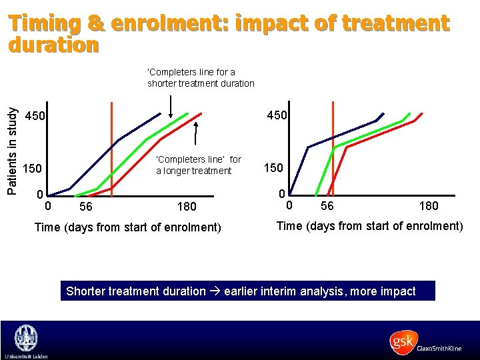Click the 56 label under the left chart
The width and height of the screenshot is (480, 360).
pyautogui.click(x=85, y=207)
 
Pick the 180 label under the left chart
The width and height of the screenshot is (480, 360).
pyautogui.click(x=187, y=207)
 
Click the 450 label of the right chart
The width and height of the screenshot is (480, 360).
pyautogui.click(x=277, y=115)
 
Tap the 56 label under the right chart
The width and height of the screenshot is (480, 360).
pyautogui.click(x=327, y=206)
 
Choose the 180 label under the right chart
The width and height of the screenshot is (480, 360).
pyautogui.click(x=429, y=206)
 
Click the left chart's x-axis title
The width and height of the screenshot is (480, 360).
pyautogui.click(x=127, y=227)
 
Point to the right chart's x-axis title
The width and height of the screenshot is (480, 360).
pyautogui.click(x=369, y=226)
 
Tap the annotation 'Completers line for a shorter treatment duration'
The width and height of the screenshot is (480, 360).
pyautogui.click(x=201, y=77)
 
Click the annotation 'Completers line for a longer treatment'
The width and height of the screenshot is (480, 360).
pyautogui.click(x=198, y=165)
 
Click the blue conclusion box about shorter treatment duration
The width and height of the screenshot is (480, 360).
pyautogui.click(x=247, y=291)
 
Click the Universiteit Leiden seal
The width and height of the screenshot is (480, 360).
pyautogui.click(x=25, y=339)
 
